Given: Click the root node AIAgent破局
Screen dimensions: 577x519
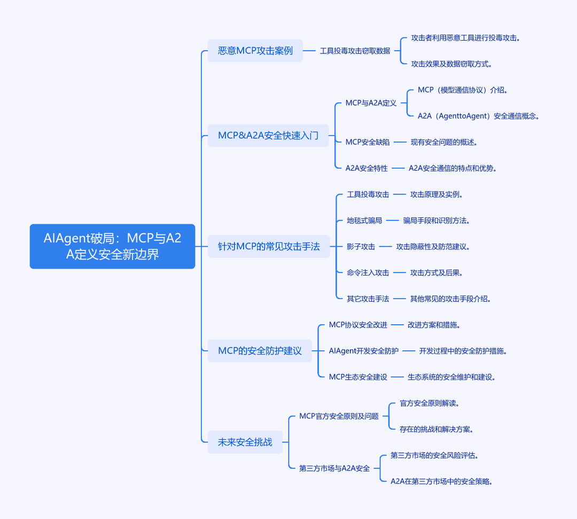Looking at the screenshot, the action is (x=112, y=246).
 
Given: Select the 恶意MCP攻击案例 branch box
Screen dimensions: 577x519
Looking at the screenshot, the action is (x=255, y=50).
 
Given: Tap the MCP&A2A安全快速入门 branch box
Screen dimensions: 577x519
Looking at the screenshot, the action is (x=268, y=136).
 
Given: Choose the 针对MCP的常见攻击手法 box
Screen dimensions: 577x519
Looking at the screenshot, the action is (x=269, y=246).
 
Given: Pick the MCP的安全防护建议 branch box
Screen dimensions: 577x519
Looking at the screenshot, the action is (x=260, y=350).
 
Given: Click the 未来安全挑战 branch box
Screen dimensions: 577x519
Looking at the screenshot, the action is (x=245, y=442).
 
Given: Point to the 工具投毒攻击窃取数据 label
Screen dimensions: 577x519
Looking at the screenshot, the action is (x=355, y=51).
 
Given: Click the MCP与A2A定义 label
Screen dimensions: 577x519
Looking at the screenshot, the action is (x=371, y=103).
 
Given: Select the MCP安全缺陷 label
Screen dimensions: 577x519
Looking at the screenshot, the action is (x=367, y=142).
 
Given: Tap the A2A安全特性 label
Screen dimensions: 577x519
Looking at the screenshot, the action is (x=367, y=168).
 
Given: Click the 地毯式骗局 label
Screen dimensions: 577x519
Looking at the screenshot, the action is (x=364, y=221).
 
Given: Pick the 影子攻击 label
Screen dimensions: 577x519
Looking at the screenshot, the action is (x=361, y=247).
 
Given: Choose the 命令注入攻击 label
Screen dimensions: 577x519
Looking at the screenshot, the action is (x=368, y=272).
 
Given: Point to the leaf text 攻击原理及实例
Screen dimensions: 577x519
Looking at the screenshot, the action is (x=436, y=194).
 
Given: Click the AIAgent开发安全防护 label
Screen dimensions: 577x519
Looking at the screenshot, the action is (x=364, y=351).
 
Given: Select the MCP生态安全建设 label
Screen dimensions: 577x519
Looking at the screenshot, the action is (x=358, y=377).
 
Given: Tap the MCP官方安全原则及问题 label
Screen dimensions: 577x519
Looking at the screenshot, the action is (x=339, y=416).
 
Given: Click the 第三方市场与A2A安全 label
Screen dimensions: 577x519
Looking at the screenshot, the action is (x=334, y=468).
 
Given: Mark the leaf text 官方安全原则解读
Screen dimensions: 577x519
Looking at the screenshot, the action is (x=430, y=403).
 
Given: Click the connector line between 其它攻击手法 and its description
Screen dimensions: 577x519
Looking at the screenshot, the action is (x=400, y=298).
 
